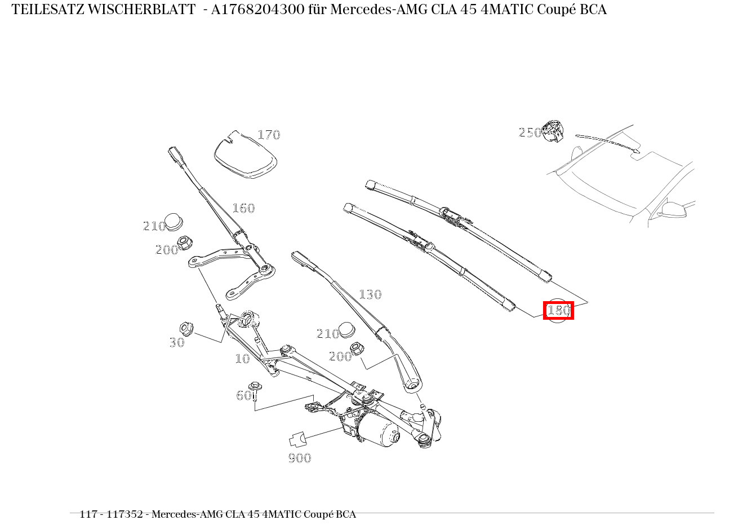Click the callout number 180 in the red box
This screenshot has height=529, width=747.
click(x=558, y=310)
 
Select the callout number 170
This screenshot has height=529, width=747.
click(x=269, y=135)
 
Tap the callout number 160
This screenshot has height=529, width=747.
click(x=243, y=208)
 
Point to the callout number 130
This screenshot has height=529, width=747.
click(x=370, y=294)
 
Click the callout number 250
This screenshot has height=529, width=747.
click(x=529, y=133)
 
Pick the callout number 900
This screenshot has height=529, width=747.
click(x=300, y=458)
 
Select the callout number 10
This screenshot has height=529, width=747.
click(x=242, y=359)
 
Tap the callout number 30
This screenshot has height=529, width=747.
click(x=177, y=342)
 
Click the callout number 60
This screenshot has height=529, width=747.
click(x=243, y=396)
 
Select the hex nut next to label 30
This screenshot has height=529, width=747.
click(x=186, y=327)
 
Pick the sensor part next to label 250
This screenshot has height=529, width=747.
click(x=553, y=131)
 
